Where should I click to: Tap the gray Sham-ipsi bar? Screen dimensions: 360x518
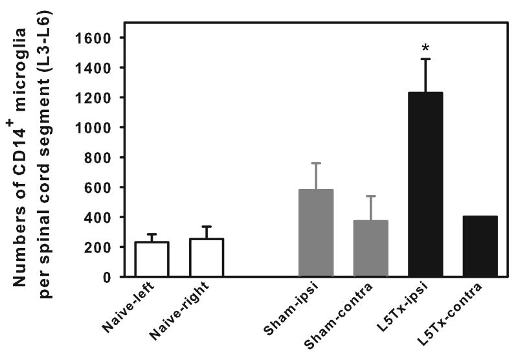click(x=316, y=233)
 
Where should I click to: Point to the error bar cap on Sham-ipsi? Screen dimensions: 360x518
click(x=316, y=163)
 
